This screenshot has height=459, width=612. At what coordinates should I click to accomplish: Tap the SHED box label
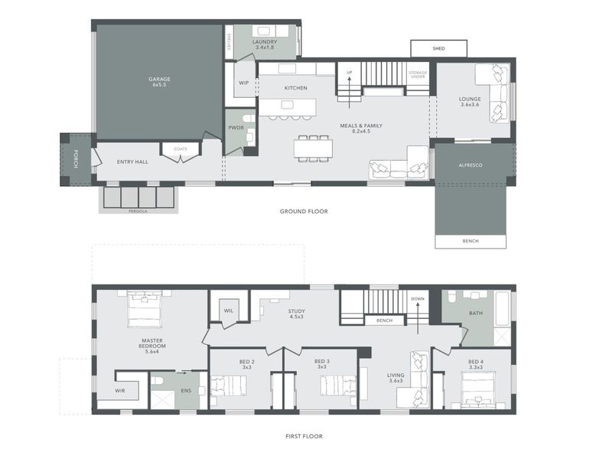438,49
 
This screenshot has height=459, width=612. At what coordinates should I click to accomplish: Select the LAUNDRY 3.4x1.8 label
265,44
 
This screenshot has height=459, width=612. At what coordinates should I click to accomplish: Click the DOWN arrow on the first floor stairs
418,319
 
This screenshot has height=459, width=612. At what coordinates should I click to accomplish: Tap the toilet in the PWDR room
248,119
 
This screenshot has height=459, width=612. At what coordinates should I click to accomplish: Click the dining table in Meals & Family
313,148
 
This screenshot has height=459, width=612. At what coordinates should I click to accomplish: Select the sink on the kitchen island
288,105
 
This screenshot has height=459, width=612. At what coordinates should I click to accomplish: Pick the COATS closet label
181,149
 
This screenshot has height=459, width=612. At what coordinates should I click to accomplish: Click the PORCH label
76,159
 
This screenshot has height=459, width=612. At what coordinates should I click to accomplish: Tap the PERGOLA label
138,211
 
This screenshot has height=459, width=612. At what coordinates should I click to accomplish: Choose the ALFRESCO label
470,165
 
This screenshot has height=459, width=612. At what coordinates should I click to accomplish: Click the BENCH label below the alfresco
470,241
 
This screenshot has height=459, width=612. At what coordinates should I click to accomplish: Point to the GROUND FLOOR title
304,212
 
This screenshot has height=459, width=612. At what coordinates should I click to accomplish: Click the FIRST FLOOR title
304,436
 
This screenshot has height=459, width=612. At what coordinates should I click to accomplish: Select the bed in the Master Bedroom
145,311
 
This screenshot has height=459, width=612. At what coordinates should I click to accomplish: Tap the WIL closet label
229,311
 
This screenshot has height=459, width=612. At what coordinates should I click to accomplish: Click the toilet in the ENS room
158,380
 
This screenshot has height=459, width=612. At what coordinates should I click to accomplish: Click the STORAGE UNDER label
418,74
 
